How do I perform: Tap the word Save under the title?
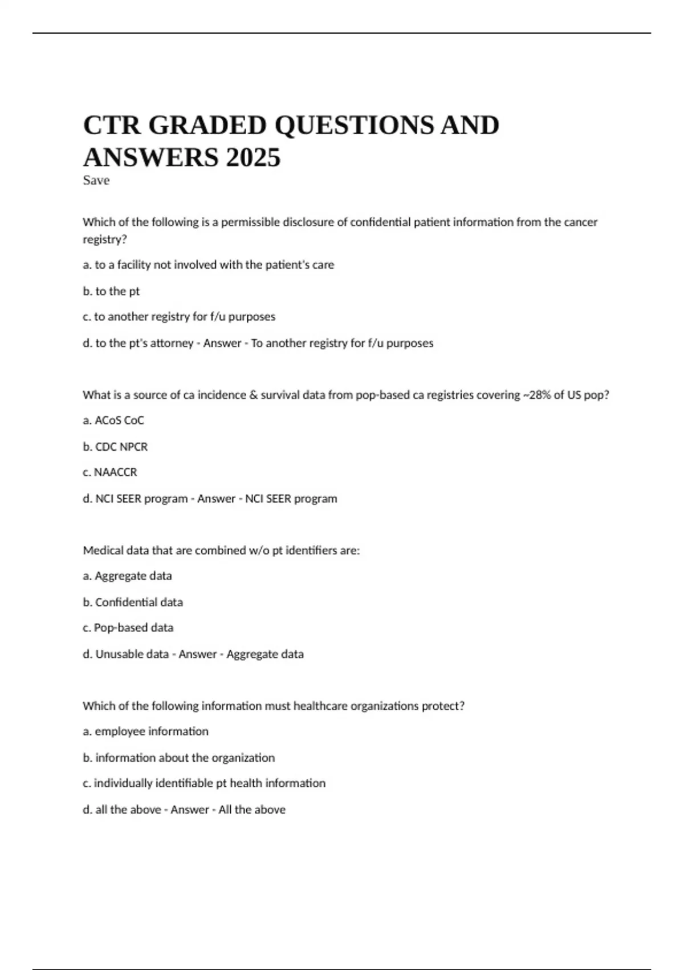coord(96,180)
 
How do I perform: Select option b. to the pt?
coord(111,291)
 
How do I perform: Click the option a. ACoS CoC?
coord(113,421)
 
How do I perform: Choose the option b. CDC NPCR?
coord(115,447)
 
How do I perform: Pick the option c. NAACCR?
coord(110,472)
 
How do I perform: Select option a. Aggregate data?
coord(127,576)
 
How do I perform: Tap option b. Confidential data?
coord(133,602)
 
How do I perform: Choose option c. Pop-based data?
coord(128,628)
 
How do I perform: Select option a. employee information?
coord(145,731)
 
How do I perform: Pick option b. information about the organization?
coord(178,758)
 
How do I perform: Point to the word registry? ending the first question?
coord(104,240)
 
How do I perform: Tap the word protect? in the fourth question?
coord(443,706)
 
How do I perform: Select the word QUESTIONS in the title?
coord(354,125)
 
